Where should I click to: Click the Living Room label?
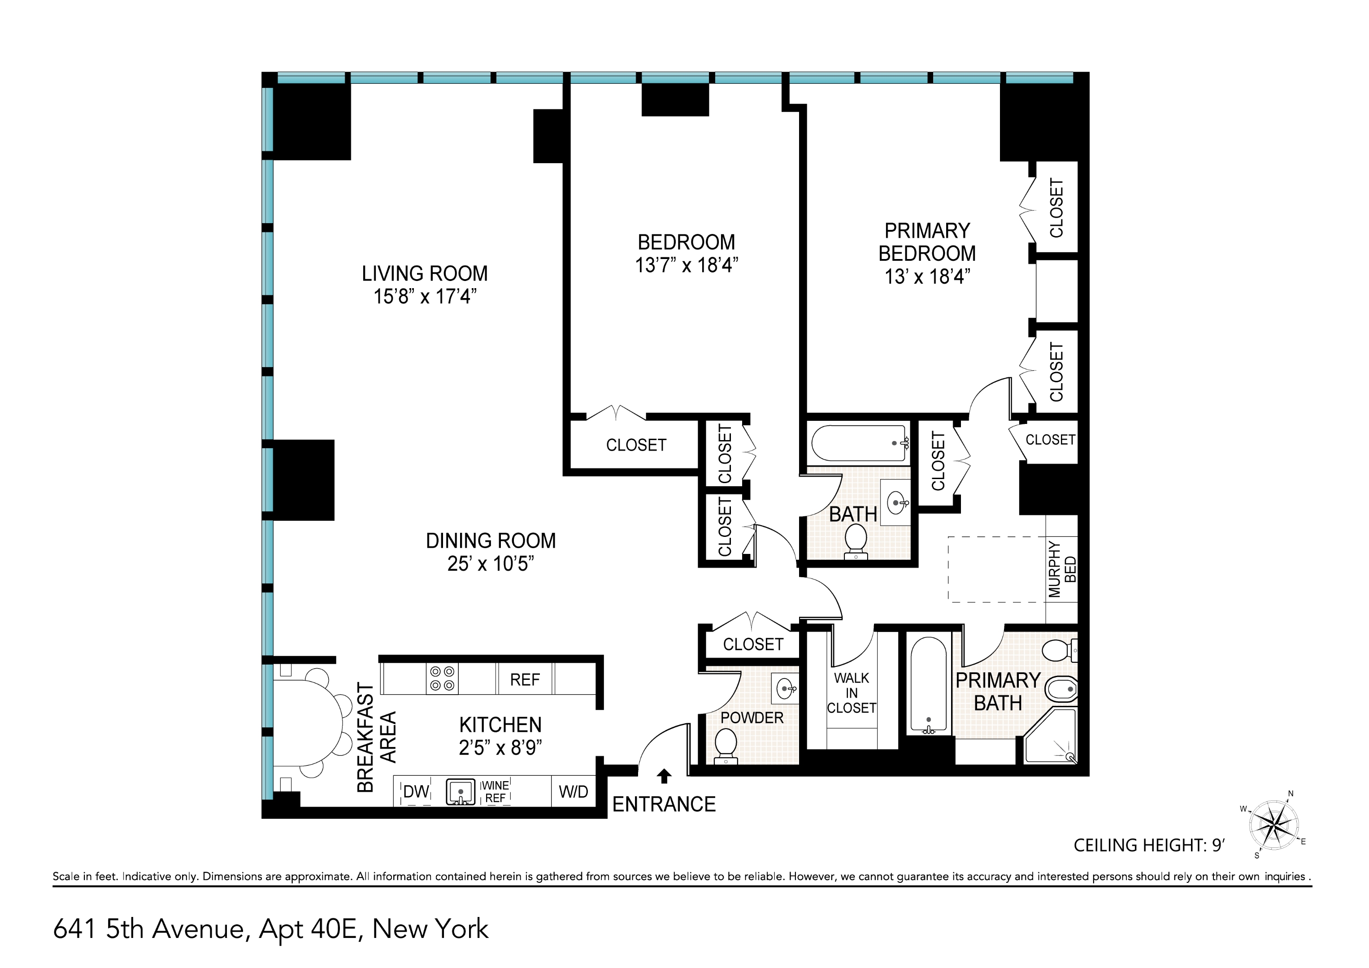coord(425,273)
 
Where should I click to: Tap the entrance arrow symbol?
coord(664,775)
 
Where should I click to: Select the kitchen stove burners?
coord(442,678)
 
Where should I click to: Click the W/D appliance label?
coord(573,791)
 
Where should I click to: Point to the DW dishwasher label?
coord(416,791)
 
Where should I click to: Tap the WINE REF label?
coord(495,791)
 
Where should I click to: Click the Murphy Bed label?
coord(1062,569)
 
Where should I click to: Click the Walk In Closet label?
coord(852,693)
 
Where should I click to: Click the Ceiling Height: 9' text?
coord(1148,845)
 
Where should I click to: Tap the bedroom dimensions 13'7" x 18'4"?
coord(686,265)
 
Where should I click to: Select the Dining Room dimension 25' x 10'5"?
coord(490,563)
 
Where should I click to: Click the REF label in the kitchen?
coord(525,679)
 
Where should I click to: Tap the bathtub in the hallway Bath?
coord(859,443)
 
